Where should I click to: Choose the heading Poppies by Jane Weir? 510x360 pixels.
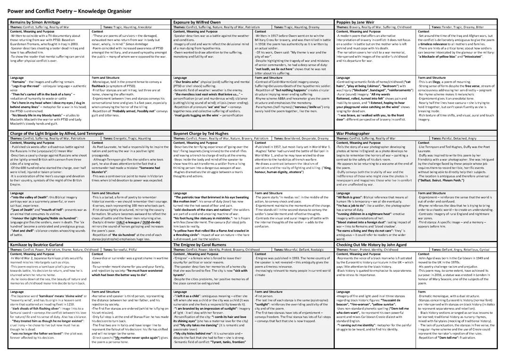[355, 22]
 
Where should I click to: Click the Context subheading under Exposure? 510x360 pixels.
[261, 31]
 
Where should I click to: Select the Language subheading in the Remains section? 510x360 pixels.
[17, 77]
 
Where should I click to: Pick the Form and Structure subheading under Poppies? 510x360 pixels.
[432, 77]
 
